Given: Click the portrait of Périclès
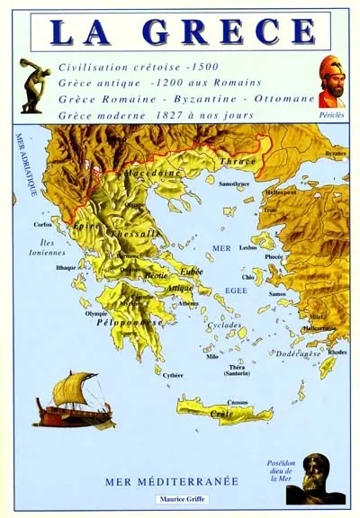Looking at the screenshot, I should coord(332,81).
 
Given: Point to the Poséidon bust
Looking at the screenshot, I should coord(321,478).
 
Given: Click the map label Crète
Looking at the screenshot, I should coord(221,414).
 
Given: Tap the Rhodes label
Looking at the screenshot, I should coord(337,352).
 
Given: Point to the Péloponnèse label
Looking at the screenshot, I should coord(136,321).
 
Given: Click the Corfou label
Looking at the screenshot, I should coord(43,225).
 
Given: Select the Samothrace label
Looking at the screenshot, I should coord(233,183).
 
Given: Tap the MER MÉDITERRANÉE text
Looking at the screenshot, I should coord(172,481).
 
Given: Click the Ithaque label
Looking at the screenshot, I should coord(66,267).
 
